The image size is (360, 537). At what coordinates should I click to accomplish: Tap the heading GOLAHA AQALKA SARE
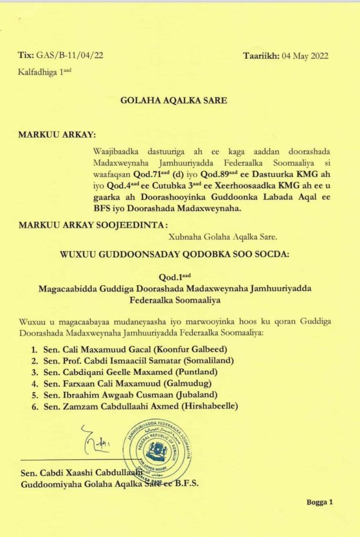174,100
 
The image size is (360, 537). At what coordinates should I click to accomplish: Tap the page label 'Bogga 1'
320,502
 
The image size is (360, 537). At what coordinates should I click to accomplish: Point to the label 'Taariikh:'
261,56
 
